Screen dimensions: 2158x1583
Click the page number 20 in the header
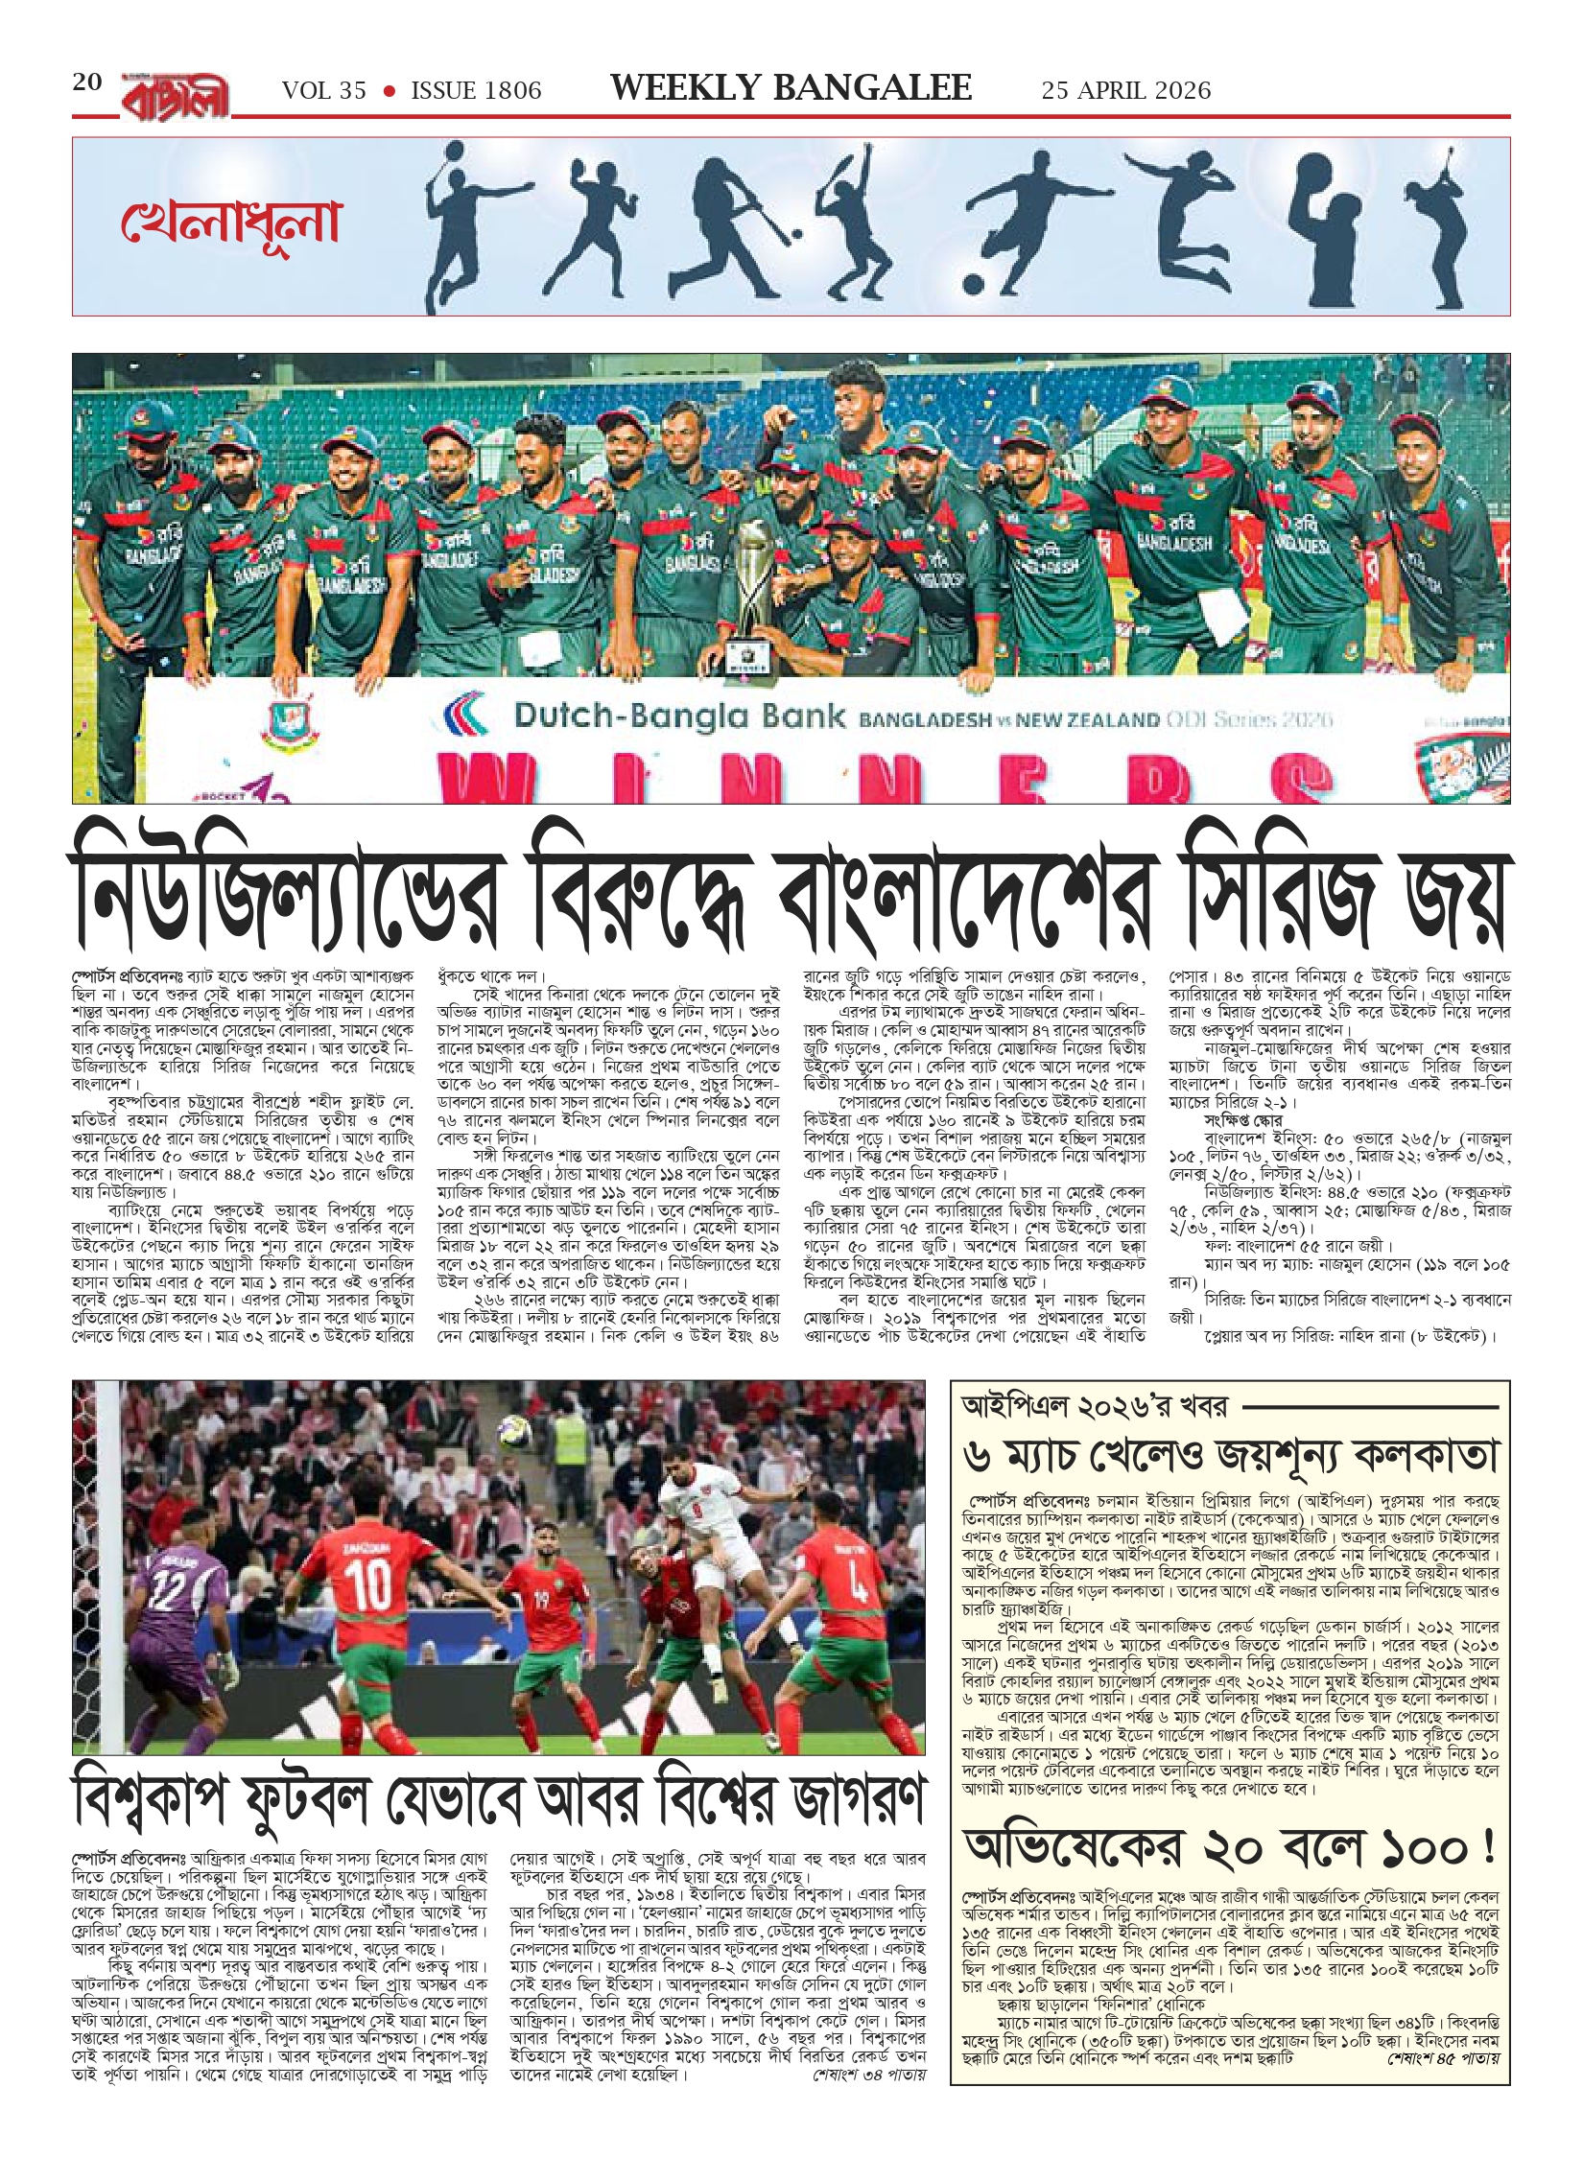coord(87,82)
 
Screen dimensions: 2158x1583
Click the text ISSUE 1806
coord(476,90)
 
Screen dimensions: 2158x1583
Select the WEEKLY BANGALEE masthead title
coord(791,88)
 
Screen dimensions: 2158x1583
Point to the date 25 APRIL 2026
coord(1126,90)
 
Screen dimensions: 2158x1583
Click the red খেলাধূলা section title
coord(231,223)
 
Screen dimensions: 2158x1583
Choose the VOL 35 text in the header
coord(324,90)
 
